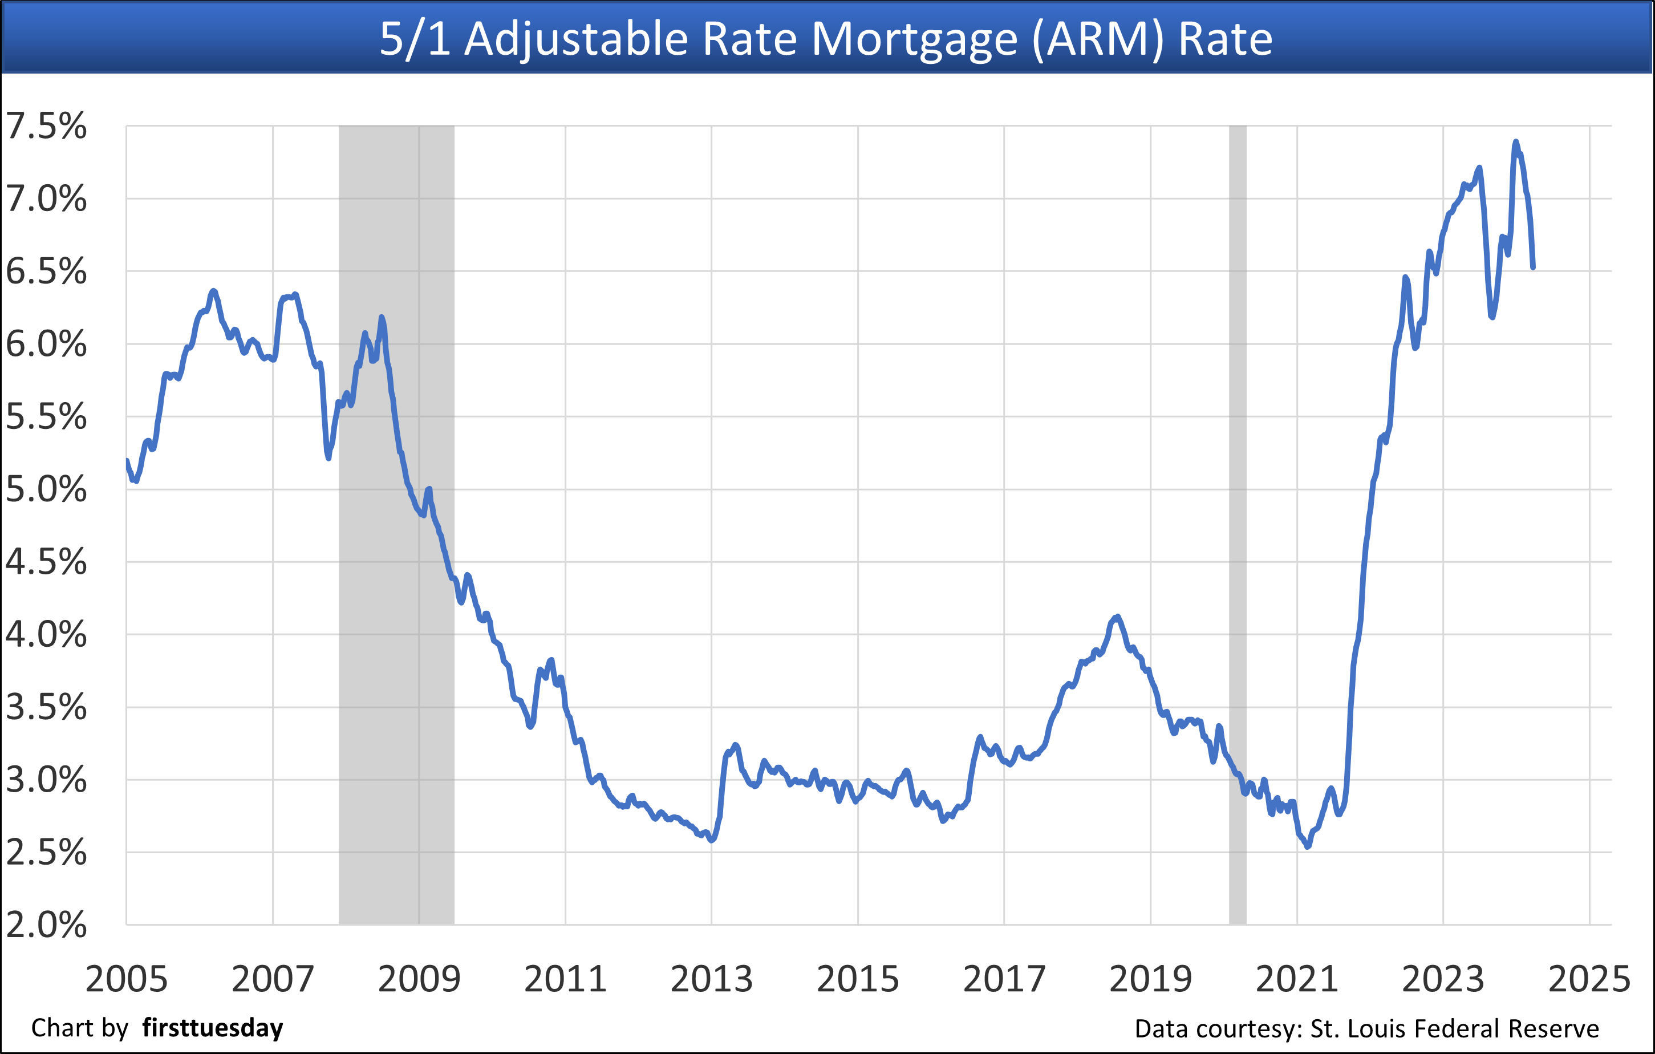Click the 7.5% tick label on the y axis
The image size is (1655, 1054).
coord(46,127)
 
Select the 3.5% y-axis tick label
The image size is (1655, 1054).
coord(46,707)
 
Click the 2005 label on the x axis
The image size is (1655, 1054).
coord(127,979)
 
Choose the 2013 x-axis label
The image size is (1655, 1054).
coord(711,979)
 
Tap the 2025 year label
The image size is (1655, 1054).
coord(1589,979)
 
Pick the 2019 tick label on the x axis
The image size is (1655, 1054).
coord(1150,979)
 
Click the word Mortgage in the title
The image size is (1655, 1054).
coord(915,39)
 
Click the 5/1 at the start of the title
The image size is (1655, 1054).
coord(415,39)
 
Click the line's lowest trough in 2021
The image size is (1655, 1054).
coord(1308,846)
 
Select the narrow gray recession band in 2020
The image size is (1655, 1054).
coord(1238,522)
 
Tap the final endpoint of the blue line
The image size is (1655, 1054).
coord(1532,267)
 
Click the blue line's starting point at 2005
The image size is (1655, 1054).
coord(127,461)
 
